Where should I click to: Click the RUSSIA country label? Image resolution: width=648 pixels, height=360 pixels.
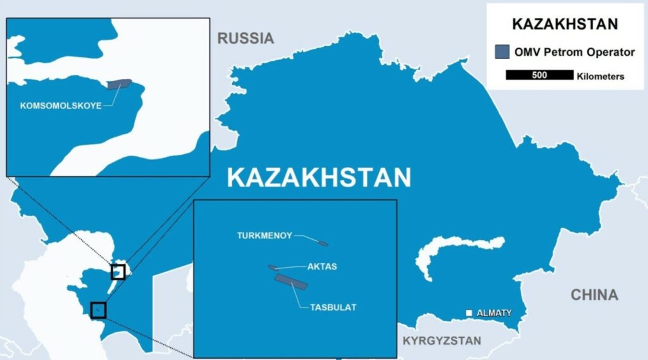coord(246,38)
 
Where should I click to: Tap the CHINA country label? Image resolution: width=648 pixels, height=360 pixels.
coord(594,294)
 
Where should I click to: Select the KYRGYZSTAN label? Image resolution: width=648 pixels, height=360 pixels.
coord(442,340)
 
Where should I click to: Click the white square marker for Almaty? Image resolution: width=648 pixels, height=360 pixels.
coord(469,313)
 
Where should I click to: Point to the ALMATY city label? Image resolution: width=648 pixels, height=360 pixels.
coord(494,313)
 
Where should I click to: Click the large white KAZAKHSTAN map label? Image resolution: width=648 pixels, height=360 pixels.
coord(319,178)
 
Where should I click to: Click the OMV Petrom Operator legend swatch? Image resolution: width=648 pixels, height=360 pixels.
coord(503,53)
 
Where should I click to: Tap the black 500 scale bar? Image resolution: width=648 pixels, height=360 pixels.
coord(539,76)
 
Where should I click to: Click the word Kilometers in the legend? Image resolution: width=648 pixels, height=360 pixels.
coord(601,77)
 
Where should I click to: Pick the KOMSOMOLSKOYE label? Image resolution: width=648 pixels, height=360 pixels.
coord(61,106)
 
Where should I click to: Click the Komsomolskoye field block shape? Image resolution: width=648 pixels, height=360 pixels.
coord(118,84)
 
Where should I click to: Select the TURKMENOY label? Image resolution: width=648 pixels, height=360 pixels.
coord(265,235)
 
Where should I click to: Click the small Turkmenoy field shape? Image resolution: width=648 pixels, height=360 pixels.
coord(321,242)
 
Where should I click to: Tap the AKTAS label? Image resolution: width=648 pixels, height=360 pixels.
coord(322,266)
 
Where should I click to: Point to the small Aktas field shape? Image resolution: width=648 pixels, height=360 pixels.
coord(273,268)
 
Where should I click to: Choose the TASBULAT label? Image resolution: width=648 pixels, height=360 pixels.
coord(333,307)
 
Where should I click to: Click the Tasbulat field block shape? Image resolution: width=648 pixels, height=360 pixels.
coord(290,282)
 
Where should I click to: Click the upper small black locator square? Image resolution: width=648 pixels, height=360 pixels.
coord(118,271)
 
